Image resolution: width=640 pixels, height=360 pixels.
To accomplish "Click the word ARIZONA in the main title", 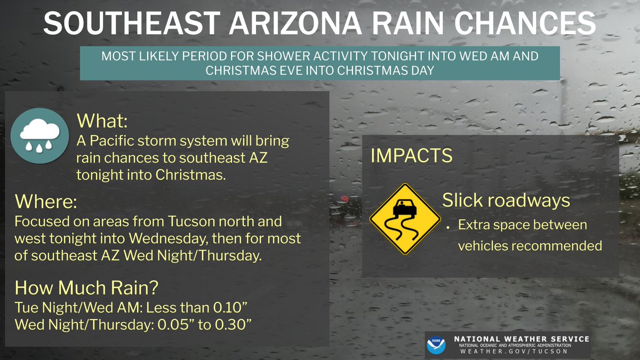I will click(x=283, y=23).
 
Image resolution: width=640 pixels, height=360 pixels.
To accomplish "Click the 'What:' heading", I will click(x=102, y=121).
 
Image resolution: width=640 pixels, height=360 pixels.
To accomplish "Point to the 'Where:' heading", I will click(x=46, y=202).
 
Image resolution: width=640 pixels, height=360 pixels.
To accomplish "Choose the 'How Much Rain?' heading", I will click(x=86, y=287).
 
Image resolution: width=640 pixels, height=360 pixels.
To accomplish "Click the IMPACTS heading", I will click(x=411, y=156).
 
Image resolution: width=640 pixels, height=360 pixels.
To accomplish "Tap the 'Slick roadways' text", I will click(x=506, y=201).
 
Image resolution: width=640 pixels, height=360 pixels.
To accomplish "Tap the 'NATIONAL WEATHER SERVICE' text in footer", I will click(x=521, y=339).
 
